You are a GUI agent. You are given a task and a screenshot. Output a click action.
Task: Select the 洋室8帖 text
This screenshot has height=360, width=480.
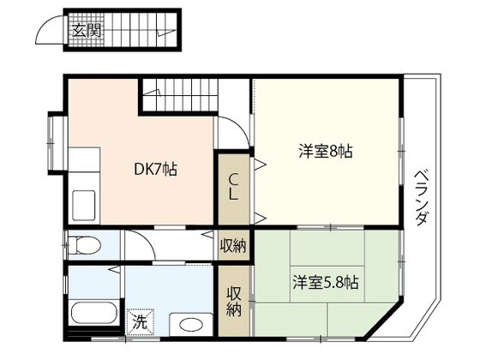326,152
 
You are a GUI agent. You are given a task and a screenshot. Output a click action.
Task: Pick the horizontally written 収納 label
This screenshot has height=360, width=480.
233,245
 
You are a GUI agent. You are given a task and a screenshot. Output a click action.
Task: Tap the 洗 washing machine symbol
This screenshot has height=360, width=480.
139,321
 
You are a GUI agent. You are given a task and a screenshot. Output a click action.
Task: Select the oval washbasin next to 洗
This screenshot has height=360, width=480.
189,323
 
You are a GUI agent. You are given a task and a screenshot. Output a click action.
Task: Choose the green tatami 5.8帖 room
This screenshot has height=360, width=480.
326,283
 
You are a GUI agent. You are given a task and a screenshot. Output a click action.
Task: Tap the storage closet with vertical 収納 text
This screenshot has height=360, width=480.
233,302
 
